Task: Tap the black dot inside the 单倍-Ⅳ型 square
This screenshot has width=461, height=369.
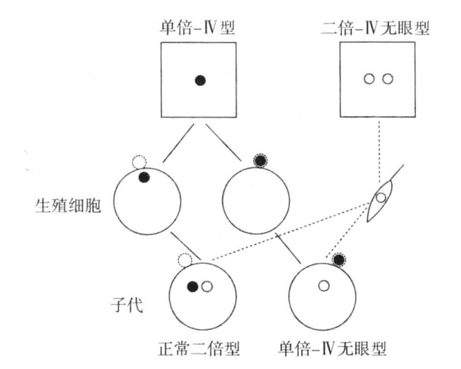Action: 200,79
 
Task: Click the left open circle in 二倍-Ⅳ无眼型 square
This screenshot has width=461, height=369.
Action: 368,79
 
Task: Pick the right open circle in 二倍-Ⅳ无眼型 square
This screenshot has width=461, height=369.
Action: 388,79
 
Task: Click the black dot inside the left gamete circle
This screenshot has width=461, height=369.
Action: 144,177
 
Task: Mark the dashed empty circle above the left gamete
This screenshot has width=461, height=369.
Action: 139,162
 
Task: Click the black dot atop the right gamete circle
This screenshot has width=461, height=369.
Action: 261,161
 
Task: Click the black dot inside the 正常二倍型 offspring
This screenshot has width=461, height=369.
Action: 193,286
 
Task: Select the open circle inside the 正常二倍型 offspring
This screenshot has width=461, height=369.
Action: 207,286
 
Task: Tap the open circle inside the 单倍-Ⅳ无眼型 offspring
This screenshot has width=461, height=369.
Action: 324,285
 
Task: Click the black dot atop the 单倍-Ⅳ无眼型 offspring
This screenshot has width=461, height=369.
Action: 340,260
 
